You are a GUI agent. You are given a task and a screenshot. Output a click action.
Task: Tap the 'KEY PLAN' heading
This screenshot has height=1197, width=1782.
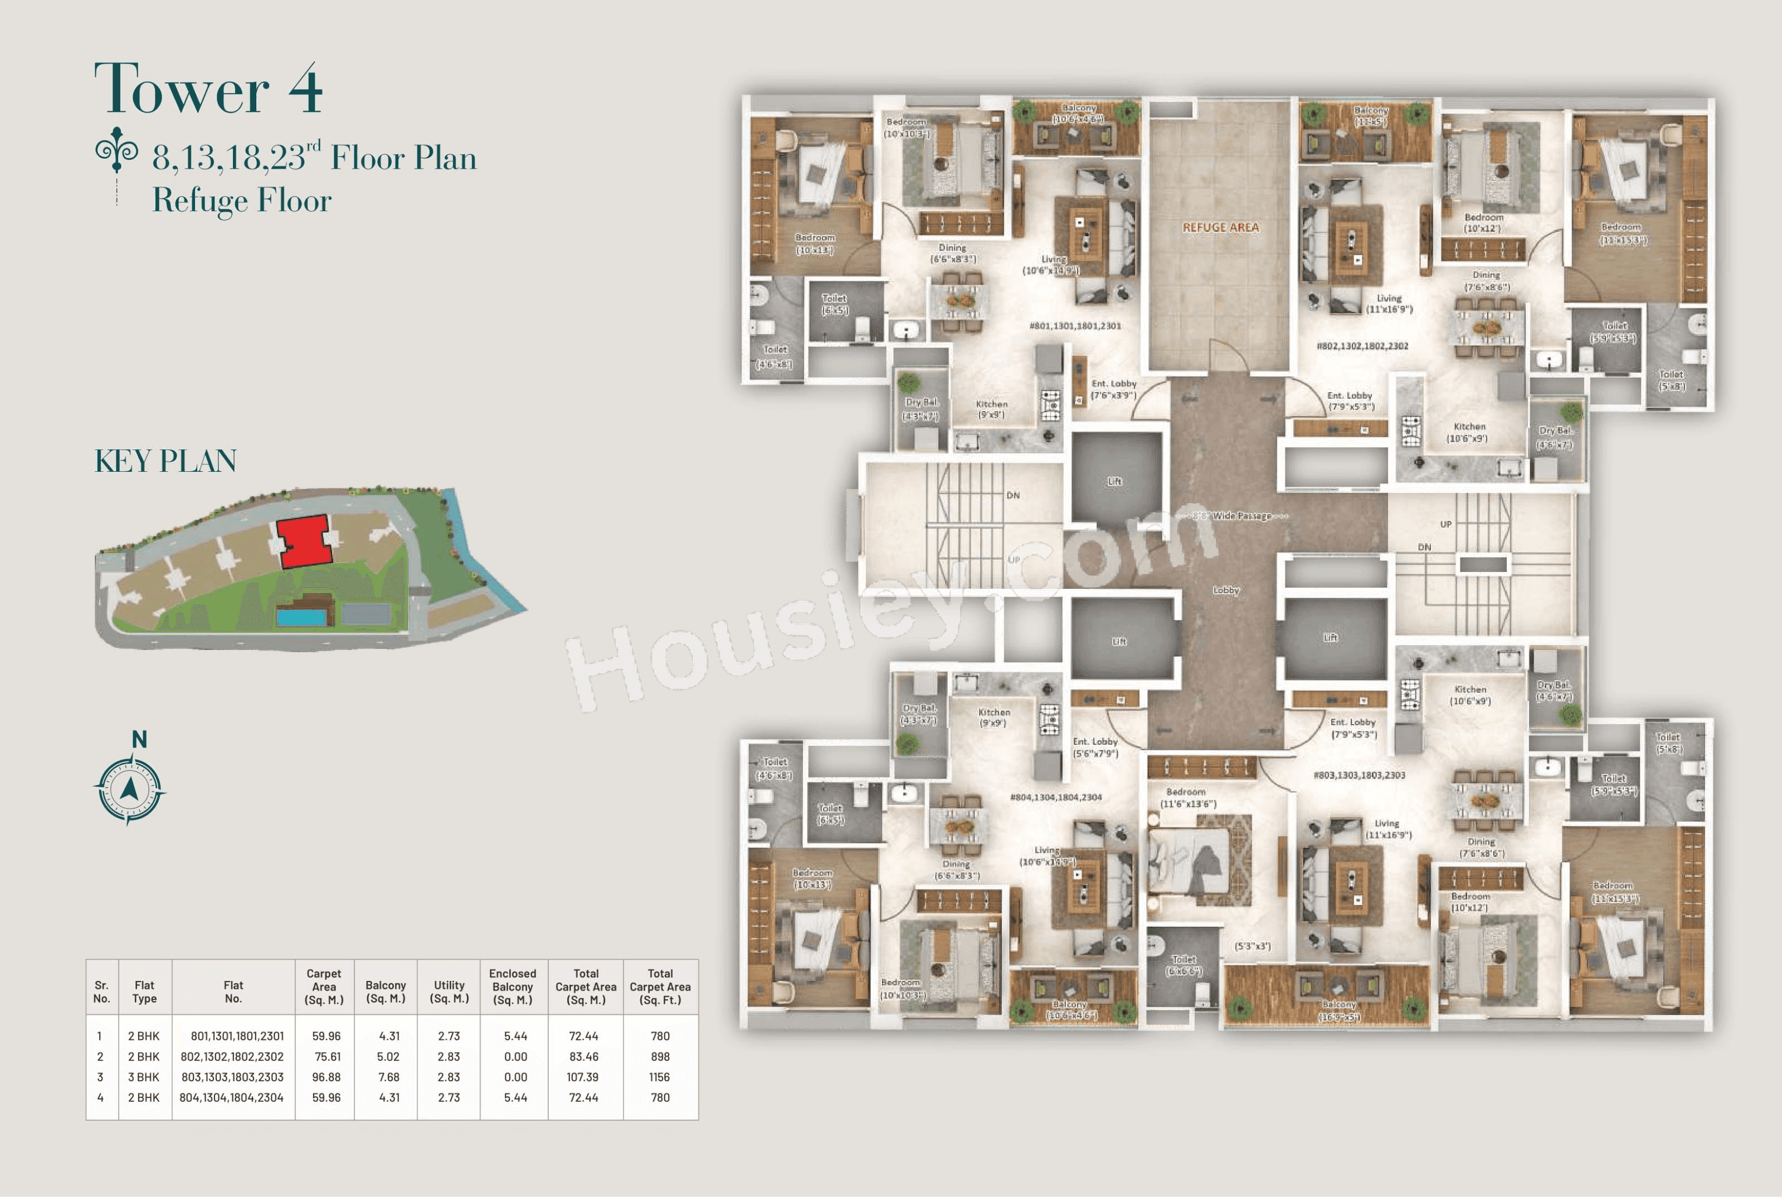pyautogui.click(x=165, y=461)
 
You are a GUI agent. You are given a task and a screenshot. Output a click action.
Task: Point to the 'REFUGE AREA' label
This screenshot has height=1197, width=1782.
pyautogui.click(x=1220, y=227)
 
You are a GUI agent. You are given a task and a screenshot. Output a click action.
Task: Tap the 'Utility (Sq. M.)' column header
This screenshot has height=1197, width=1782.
pyautogui.click(x=449, y=991)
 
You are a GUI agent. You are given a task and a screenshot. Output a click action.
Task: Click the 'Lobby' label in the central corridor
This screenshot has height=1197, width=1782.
pyautogui.click(x=1225, y=590)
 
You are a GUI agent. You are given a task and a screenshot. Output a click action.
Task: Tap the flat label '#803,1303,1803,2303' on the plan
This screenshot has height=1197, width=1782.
pyautogui.click(x=1359, y=775)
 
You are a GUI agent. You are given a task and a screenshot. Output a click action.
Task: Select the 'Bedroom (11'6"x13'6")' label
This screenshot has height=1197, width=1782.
pyautogui.click(x=1188, y=798)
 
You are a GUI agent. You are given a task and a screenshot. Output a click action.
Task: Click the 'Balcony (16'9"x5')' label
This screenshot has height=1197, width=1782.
pyautogui.click(x=1338, y=1010)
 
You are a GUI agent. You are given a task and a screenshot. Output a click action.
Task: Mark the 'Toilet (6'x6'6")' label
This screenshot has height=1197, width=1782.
pyautogui.click(x=1184, y=965)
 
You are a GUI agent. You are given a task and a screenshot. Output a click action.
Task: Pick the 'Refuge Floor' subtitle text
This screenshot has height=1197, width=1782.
pyautogui.click(x=241, y=200)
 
